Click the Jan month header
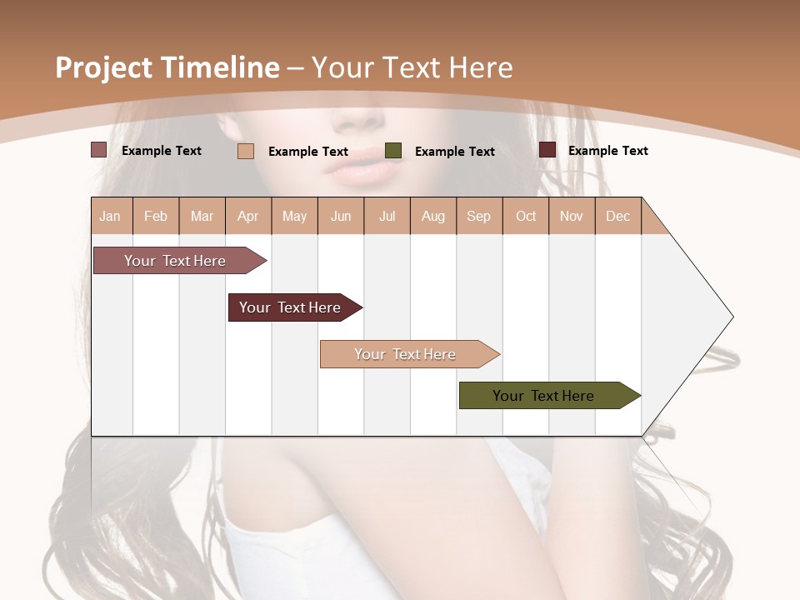pos(110,217)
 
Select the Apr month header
pos(247,217)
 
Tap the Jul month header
pos(387,217)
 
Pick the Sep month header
pos(478,217)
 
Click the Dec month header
pos(617,217)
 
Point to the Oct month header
pos(526,217)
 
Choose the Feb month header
pos(156,217)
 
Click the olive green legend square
pos(393,151)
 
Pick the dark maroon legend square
pos(547,150)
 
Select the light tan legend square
pos(246,151)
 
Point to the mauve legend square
pos(98,150)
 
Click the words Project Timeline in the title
pos(167,67)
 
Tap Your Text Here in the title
pos(412,67)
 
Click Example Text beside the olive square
pos(454,152)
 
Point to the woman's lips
pos(362,172)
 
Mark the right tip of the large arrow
pos(732,317)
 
